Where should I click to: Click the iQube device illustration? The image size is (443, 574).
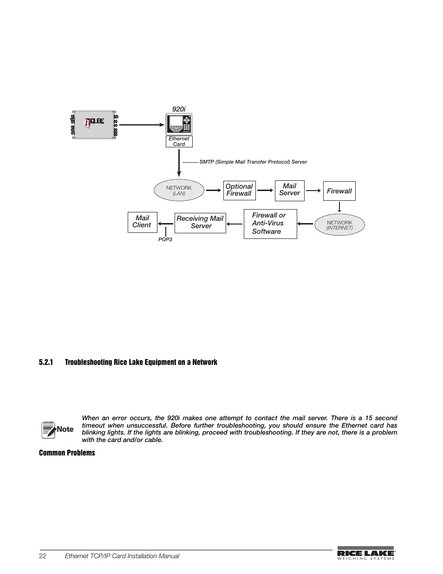95,125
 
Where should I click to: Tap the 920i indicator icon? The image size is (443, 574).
179,125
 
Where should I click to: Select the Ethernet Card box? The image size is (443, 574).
179,141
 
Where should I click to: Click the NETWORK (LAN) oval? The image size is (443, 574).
179,191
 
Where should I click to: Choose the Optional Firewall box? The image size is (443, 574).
239,190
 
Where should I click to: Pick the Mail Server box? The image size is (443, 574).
289,191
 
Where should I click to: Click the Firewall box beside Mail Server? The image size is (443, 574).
339,191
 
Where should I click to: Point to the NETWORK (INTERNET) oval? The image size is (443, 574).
339,225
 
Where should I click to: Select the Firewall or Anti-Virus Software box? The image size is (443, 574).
270,224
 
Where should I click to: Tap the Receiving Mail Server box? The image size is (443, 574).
200,223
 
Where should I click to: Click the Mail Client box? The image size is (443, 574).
142,222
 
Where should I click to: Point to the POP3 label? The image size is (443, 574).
165,239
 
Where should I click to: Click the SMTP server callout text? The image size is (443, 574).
253,162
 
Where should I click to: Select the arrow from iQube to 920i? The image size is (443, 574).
142,125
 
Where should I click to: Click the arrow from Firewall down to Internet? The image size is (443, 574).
339,207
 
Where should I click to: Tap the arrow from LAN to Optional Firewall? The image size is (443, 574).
214,190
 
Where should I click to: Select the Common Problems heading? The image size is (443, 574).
67,453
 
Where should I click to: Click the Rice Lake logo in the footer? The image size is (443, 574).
366,554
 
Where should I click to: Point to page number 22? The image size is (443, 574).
43,556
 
